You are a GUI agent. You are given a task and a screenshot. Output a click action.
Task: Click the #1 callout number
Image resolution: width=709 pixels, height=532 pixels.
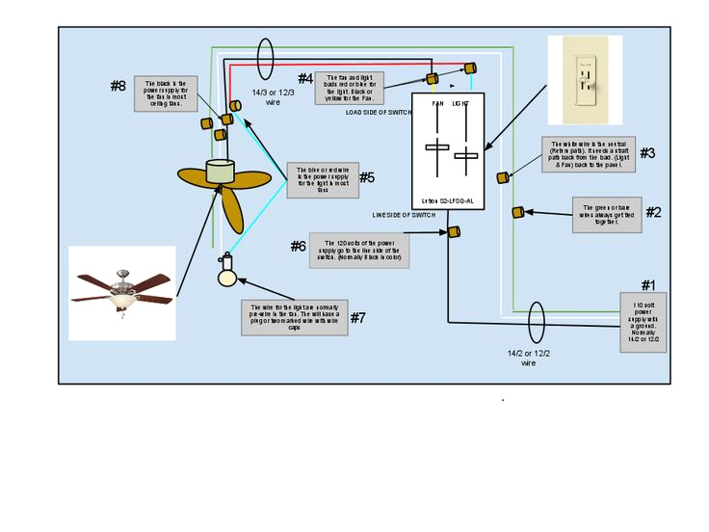tap(647, 285)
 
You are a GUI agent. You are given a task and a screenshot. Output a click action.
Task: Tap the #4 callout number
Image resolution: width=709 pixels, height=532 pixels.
tap(304, 78)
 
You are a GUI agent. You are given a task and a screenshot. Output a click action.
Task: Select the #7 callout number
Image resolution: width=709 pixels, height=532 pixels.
tap(357, 318)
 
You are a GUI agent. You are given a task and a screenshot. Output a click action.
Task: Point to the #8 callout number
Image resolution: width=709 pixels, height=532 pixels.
tap(118, 86)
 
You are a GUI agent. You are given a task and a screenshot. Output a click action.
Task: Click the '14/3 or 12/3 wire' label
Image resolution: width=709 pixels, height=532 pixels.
tap(273, 97)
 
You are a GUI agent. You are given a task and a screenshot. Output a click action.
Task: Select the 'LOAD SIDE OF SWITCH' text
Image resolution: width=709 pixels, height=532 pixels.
tap(378, 112)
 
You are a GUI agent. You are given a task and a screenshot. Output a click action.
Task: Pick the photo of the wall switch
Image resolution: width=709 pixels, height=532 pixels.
tap(585, 80)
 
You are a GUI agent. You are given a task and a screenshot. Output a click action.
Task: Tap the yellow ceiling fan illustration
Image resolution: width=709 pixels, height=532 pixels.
tap(224, 185)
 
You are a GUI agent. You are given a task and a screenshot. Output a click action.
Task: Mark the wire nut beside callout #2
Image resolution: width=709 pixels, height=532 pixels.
tap(517, 212)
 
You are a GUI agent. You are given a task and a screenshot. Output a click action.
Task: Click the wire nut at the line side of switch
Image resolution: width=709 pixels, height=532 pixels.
tap(453, 231)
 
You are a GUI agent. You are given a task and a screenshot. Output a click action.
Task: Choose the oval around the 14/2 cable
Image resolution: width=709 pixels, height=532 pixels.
tap(537, 318)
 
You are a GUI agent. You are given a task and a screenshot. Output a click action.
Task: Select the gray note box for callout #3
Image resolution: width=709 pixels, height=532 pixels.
tap(588, 153)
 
